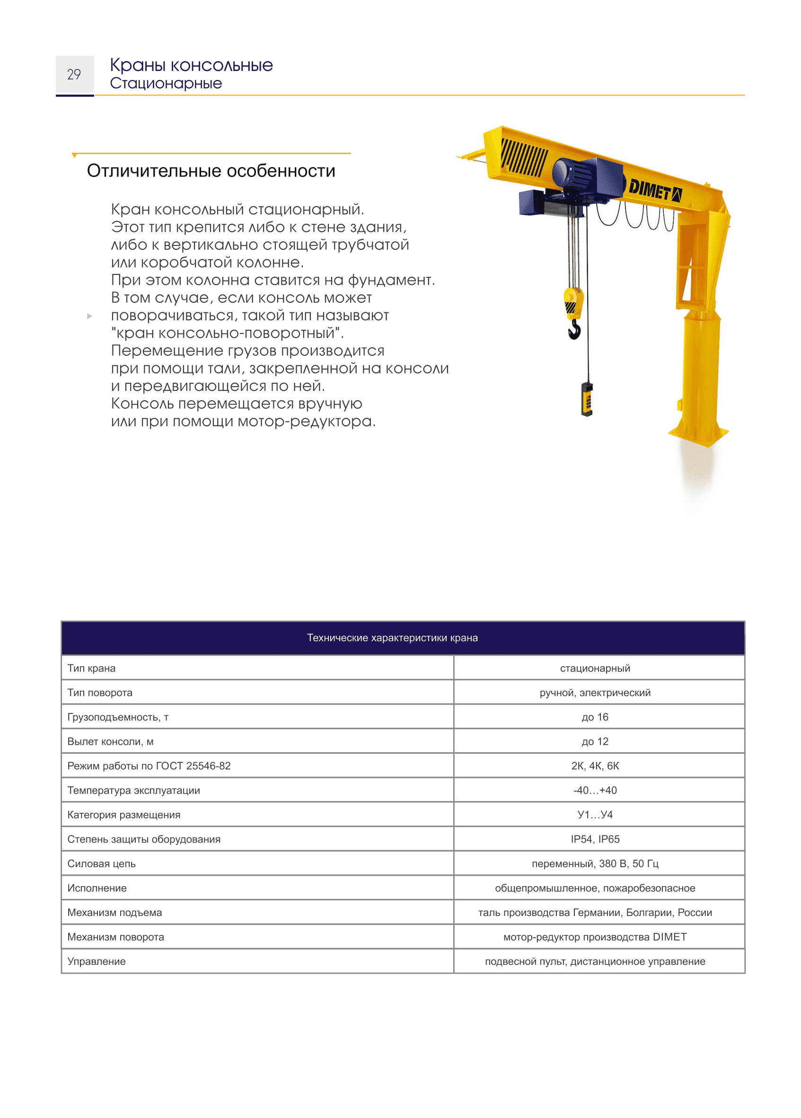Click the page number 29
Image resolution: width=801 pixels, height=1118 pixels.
point(74,74)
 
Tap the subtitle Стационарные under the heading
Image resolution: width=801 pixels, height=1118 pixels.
point(166,83)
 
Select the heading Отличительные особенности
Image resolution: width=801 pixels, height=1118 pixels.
point(211,170)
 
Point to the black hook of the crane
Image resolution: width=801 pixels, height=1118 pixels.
point(574,329)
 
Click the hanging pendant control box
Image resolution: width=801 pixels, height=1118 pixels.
point(587,399)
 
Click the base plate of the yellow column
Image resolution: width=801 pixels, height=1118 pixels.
point(698,435)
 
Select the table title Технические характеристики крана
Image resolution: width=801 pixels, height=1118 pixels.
point(392,637)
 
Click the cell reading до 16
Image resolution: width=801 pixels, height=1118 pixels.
point(595,717)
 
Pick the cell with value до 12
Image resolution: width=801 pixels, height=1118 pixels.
point(595,741)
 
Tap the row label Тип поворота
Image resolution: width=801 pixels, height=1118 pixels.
point(100,693)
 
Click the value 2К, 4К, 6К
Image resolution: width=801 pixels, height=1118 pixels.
point(595,766)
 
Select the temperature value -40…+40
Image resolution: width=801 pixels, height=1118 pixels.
point(595,790)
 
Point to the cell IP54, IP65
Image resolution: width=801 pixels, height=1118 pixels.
point(595,839)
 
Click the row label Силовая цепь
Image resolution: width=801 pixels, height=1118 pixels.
point(102,863)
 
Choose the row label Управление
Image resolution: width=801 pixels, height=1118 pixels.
point(97,961)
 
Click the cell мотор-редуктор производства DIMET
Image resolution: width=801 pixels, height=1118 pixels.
point(595,937)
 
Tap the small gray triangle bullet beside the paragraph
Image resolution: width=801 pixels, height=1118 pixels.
point(89,316)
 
